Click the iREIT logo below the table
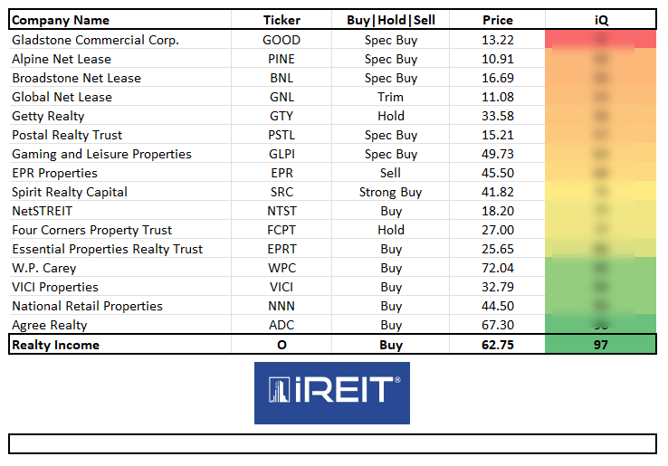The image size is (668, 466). [x=331, y=392]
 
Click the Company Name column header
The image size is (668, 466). [x=61, y=20]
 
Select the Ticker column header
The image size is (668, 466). [x=282, y=20]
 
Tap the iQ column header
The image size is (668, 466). [x=600, y=20]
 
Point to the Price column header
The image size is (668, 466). [x=498, y=20]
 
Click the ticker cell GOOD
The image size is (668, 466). [x=282, y=40]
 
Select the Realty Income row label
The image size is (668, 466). [x=55, y=345]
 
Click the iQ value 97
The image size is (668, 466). [x=600, y=345]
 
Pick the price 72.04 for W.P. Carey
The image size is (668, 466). [x=498, y=268]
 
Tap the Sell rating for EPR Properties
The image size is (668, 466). [x=391, y=173]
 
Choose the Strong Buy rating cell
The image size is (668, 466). [x=391, y=192]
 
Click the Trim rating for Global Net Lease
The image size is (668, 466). [x=391, y=97]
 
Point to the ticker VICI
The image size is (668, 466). [x=282, y=287]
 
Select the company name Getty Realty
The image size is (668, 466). [x=48, y=116]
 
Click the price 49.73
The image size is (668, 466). [x=498, y=154]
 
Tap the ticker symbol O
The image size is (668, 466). [x=282, y=345]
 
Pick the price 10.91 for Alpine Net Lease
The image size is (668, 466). [x=498, y=59]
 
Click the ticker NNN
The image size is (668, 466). [x=282, y=306]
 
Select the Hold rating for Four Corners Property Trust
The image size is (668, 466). [x=391, y=230]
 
